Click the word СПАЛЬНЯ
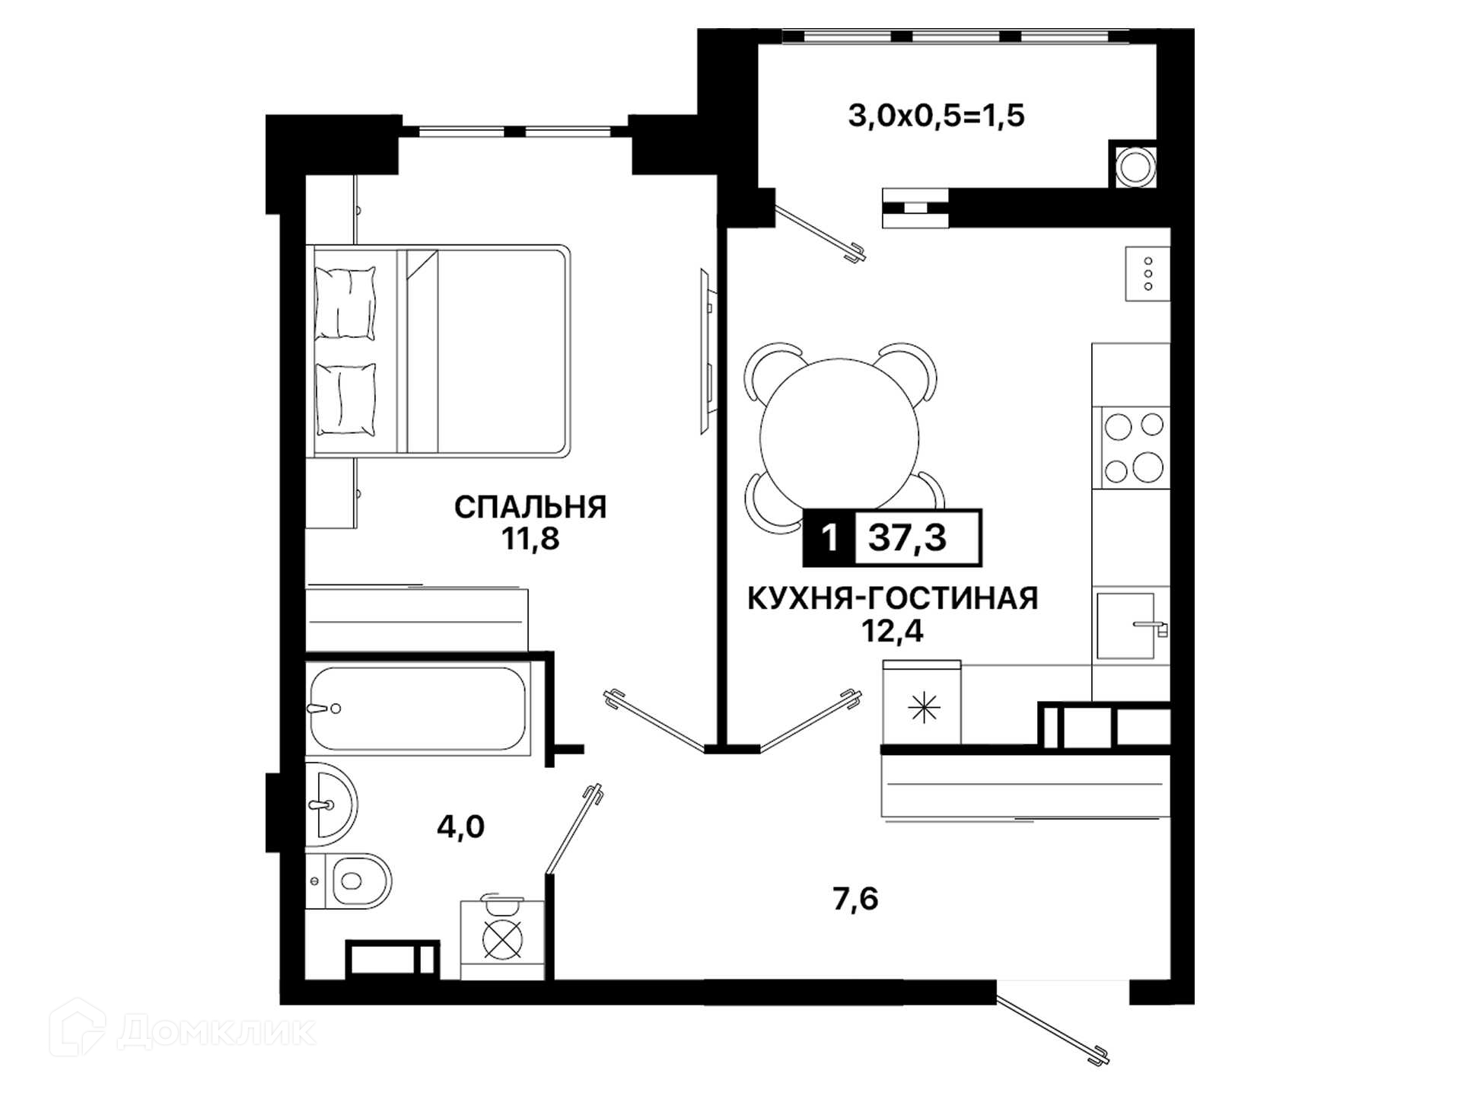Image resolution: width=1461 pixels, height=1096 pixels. pyautogui.click(x=530, y=507)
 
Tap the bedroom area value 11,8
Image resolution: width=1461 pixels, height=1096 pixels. pyautogui.click(x=530, y=539)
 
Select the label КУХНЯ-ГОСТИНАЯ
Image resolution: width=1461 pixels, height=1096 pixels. pyautogui.click(x=893, y=598)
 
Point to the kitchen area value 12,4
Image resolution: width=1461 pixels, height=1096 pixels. pyautogui.click(x=893, y=631)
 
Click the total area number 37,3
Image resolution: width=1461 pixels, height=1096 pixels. pyautogui.click(x=908, y=537)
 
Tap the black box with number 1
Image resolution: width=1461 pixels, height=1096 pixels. pyautogui.click(x=829, y=537)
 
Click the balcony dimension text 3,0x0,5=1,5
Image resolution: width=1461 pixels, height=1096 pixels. pyautogui.click(x=937, y=116)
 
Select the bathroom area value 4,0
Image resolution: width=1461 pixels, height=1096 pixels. pyautogui.click(x=460, y=827)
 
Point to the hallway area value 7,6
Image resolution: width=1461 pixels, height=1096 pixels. pyautogui.click(x=855, y=899)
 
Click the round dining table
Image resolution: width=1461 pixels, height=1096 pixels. pyautogui.click(x=839, y=438)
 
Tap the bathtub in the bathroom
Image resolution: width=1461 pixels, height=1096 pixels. pyautogui.click(x=417, y=709)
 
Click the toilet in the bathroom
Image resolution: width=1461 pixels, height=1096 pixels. pyautogui.click(x=350, y=881)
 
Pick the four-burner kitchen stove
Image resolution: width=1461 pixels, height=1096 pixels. pyautogui.click(x=1132, y=448)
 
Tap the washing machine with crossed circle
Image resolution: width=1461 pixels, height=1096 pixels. pyautogui.click(x=503, y=939)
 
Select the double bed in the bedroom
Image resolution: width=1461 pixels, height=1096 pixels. pyautogui.click(x=438, y=351)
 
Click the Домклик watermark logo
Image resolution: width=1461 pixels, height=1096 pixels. pyautogui.click(x=183, y=1030)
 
